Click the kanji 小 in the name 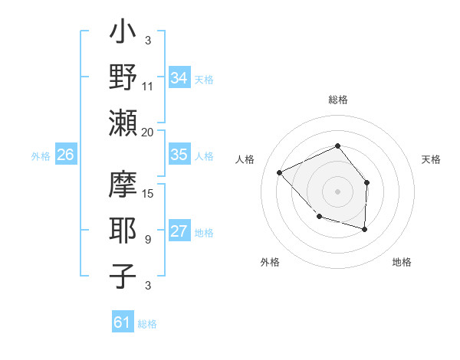(x=123, y=34)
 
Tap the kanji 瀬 (x=123, y=123)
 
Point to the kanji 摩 (x=123, y=186)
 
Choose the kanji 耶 (x=123, y=231)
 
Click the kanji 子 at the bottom (x=123, y=276)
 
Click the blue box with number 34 (x=179, y=77)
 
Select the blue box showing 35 (x=179, y=155)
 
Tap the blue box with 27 (x=179, y=232)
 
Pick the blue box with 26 (x=66, y=155)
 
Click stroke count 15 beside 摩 (x=148, y=193)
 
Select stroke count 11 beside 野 (x=148, y=87)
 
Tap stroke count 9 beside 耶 (x=148, y=240)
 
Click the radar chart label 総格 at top (x=338, y=100)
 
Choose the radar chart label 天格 (x=432, y=159)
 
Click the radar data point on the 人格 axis (x=280, y=173)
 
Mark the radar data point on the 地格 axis (x=365, y=229)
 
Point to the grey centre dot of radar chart (x=337, y=191)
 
